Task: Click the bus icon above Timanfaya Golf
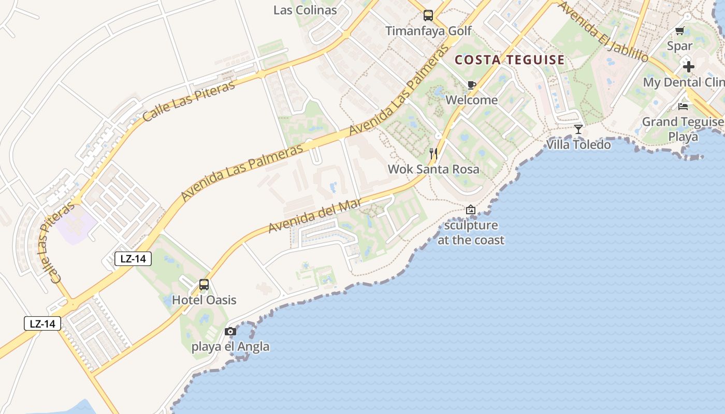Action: click(x=428, y=16)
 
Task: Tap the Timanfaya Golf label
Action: click(x=429, y=31)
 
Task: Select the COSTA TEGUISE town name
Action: click(x=510, y=60)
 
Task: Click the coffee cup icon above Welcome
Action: click(x=471, y=85)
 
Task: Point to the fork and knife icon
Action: click(x=433, y=154)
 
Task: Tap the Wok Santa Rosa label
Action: click(x=433, y=169)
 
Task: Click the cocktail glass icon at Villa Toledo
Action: click(x=578, y=129)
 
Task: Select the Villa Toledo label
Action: click(x=578, y=144)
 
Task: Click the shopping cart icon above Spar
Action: click(x=680, y=31)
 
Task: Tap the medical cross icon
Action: click(x=688, y=67)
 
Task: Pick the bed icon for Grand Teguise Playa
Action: click(x=683, y=107)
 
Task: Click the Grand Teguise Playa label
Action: click(x=683, y=129)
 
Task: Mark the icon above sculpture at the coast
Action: click(x=470, y=210)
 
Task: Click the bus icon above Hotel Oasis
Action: click(x=204, y=285)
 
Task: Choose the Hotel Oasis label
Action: click(x=204, y=300)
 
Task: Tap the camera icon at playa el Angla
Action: click(x=230, y=331)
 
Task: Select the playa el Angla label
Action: click(x=230, y=346)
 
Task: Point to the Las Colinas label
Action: click(x=305, y=10)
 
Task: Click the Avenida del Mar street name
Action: click(x=315, y=216)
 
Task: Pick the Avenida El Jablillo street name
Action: click(x=603, y=32)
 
